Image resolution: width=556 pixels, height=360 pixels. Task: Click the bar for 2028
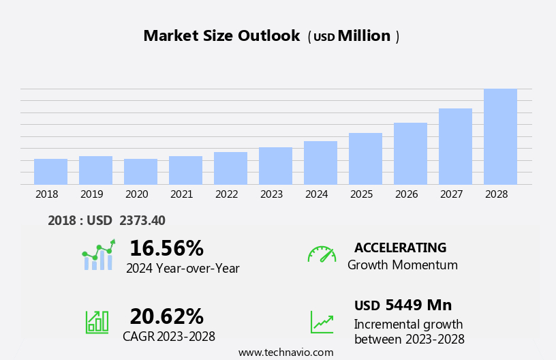point(500,136)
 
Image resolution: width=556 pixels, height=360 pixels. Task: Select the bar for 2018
point(50,172)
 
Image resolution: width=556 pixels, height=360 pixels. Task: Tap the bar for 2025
point(365,159)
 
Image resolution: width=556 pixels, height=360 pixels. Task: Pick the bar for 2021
point(185,170)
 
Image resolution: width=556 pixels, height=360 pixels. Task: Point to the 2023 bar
point(275,166)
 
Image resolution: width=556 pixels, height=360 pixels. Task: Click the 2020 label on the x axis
point(136,194)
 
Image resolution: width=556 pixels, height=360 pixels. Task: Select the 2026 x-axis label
point(406,194)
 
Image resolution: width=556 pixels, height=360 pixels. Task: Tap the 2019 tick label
point(91,194)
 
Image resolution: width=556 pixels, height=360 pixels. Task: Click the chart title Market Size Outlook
point(221,36)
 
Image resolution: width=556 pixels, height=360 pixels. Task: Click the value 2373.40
point(142,220)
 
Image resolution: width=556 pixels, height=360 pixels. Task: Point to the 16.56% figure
point(166,248)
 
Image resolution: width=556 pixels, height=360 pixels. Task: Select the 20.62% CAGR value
point(166,316)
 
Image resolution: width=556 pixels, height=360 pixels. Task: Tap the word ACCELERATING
point(400,247)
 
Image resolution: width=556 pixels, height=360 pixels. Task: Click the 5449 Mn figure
point(418,305)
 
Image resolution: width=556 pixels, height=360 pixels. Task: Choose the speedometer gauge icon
point(322,254)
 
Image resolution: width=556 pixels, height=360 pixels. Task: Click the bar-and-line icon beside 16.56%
point(98,256)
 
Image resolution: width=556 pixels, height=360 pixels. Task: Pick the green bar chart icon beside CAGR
point(97,321)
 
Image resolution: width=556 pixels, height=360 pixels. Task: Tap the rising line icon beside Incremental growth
point(322,322)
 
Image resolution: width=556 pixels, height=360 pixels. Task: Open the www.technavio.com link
point(285,352)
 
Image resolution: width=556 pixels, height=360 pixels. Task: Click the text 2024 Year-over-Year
point(183,269)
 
